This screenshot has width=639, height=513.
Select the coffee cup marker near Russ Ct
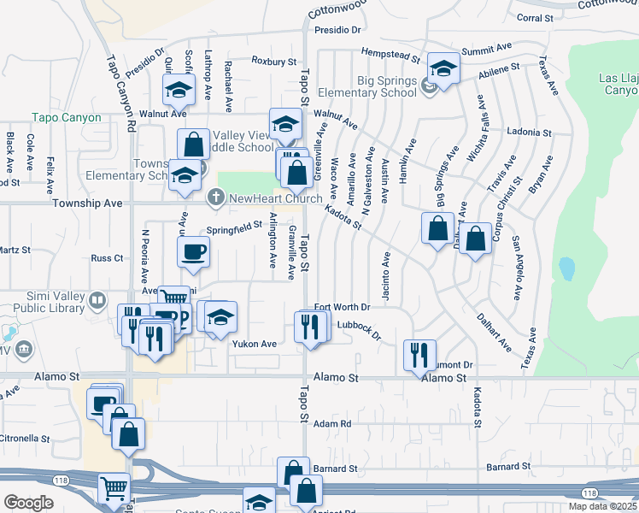point(192,252)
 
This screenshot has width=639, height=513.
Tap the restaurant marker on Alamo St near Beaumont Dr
point(419,355)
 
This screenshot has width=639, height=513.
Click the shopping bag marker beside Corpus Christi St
point(476,238)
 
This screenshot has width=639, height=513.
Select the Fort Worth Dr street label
point(342,307)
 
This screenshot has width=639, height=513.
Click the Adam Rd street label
point(332,423)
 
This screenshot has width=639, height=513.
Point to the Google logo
point(28,503)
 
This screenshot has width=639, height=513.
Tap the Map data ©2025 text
point(601,506)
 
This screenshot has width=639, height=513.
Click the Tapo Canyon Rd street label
point(120,94)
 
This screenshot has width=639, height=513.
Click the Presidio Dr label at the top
point(337,29)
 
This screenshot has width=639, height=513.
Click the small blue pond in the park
point(566,269)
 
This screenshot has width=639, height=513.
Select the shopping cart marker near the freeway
point(114,488)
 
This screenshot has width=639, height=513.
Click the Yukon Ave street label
point(255,344)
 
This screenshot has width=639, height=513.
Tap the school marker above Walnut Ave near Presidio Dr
point(179,89)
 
